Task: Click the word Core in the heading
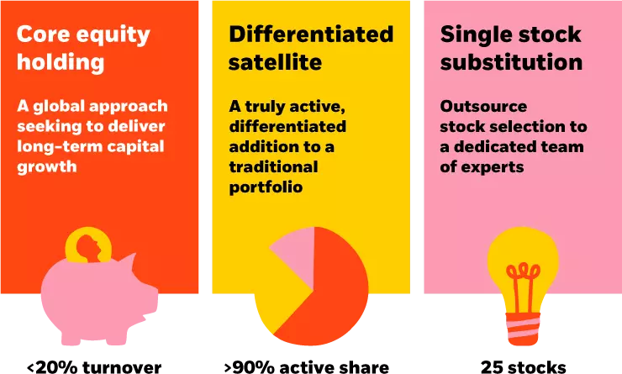click(42, 35)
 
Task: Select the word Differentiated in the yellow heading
click(311, 35)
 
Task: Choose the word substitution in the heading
click(512, 63)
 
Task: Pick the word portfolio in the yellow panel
click(266, 187)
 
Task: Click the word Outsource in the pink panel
click(484, 107)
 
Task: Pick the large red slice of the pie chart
click(332, 294)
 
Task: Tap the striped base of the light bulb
click(523, 328)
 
